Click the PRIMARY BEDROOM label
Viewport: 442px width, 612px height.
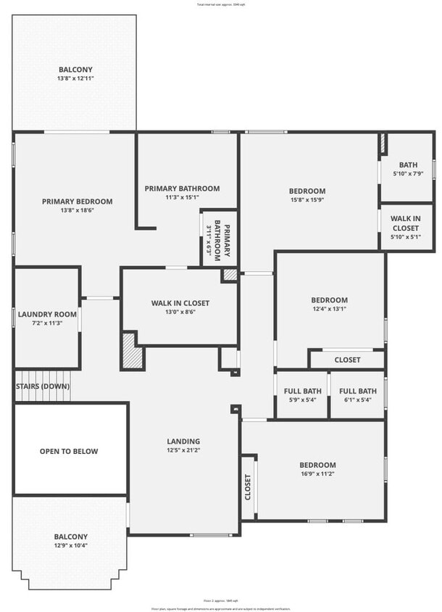point(77,201)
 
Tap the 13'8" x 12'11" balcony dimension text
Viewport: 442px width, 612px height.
point(76,78)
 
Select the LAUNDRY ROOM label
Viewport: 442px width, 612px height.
point(47,314)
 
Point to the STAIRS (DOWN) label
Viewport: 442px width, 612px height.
point(43,386)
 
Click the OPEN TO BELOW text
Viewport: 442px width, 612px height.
point(68,451)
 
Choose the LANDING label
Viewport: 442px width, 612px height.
point(183,441)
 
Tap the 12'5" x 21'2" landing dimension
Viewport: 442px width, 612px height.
point(183,450)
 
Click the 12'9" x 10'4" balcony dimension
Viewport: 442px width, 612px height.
point(71,546)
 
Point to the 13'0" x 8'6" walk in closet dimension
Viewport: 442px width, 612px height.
point(180,313)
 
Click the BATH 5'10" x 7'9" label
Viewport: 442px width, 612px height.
point(408,169)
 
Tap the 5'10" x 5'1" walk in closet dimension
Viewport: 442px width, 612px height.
point(406,236)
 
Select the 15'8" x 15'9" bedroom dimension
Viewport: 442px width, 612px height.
point(308,200)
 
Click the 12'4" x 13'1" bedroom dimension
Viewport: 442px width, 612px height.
point(329,309)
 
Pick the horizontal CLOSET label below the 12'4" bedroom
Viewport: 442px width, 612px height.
point(347,360)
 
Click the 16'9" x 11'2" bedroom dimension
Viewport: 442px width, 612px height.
point(318,474)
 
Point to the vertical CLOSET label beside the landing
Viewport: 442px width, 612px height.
point(248,487)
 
